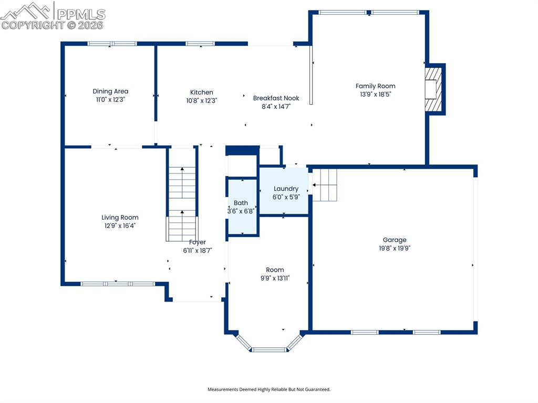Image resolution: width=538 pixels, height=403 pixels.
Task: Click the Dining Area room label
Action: pos(110,91)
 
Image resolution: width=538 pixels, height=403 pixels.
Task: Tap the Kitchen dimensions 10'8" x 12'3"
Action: pos(201,100)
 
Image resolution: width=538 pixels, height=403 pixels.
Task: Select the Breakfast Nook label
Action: pos(276,98)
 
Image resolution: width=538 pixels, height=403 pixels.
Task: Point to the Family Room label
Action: pos(375,86)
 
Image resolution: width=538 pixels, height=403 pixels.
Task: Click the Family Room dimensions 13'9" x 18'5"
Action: pos(375,95)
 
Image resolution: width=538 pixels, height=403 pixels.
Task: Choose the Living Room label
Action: pos(120,218)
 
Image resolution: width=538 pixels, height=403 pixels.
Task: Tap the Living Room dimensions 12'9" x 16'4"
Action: pos(120,225)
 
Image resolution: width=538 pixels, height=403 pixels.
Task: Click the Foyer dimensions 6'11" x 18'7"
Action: pos(198,251)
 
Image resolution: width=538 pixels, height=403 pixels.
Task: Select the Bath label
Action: pos(241,203)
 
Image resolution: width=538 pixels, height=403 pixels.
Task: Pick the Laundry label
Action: pos(286,189)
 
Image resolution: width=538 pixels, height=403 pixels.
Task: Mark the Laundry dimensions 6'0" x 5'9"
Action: pos(286,197)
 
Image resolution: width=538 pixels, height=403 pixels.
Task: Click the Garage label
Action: pos(395,240)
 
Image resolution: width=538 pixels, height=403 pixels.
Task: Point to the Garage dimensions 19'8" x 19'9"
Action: pos(395,248)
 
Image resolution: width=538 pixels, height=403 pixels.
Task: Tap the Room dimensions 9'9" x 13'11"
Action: pos(275,278)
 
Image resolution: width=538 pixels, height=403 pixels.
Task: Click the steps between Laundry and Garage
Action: pos(325,185)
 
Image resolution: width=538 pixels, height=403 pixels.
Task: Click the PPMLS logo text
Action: pos(81,14)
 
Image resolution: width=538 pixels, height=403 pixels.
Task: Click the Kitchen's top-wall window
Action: pos(200,44)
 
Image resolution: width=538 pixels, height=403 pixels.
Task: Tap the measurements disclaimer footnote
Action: pos(269,389)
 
